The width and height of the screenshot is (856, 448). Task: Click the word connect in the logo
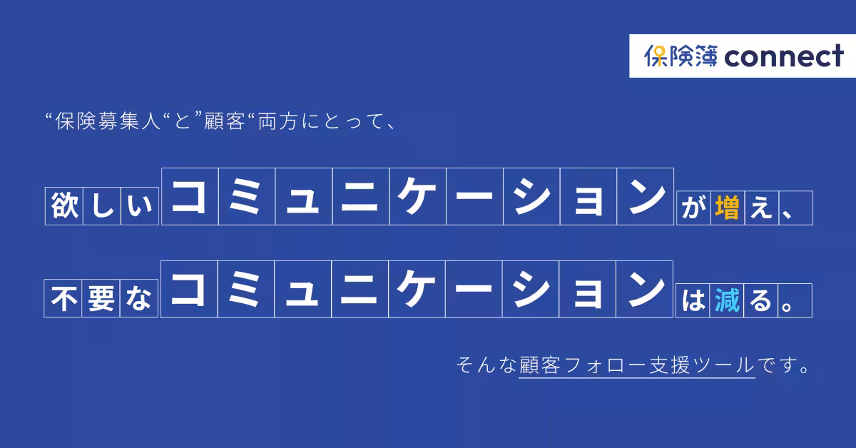[x=784, y=56]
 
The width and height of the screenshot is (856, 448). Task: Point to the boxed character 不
[x=64, y=300]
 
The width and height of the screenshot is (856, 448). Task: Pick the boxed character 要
[x=101, y=300]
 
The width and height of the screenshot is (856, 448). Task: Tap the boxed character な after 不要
[x=138, y=300]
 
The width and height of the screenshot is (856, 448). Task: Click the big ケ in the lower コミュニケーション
[x=417, y=290]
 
